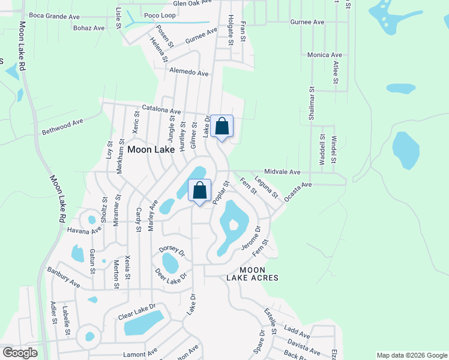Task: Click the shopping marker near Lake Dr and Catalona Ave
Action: (221, 127)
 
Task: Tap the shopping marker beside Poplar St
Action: (200, 191)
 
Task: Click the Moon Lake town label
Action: (151, 149)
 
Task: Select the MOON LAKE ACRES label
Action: (252, 274)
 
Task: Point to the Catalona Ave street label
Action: (161, 111)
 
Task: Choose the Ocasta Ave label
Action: (298, 191)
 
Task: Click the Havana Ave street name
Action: (85, 229)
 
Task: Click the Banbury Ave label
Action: (64, 275)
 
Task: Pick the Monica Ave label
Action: (325, 55)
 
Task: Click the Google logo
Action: (19, 353)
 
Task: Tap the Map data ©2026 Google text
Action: (411, 355)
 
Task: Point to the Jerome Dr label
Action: (250, 239)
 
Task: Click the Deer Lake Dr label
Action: (171, 275)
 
